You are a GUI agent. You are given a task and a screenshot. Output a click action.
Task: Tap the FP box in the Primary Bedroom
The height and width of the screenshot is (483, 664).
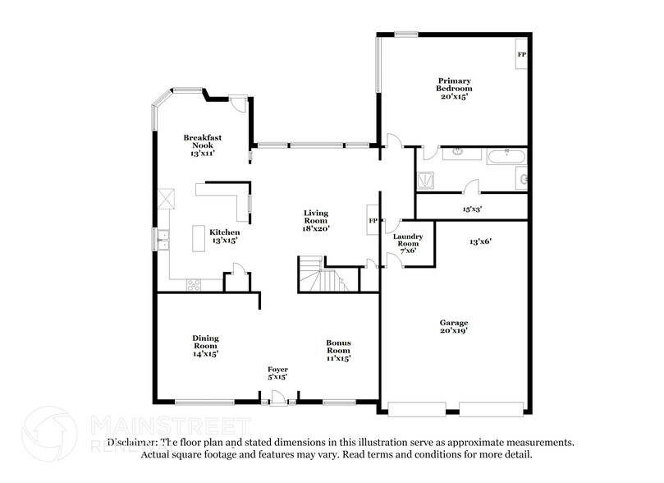(521, 55)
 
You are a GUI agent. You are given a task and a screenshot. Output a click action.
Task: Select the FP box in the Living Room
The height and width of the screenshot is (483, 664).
(373, 221)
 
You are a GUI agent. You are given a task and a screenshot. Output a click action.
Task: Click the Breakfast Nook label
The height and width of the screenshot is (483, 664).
(203, 145)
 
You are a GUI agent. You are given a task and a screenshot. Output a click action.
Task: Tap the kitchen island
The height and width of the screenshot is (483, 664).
(198, 239)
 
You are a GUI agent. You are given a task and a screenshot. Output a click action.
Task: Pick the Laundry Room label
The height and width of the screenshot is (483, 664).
(409, 243)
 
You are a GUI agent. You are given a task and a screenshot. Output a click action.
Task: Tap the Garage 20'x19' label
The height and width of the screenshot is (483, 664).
(454, 327)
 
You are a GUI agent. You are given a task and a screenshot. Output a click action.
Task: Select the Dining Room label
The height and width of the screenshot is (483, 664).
(205, 345)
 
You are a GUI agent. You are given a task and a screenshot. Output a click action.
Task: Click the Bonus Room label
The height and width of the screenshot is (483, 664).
(339, 350)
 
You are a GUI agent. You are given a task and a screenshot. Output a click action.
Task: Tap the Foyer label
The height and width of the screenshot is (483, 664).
(277, 374)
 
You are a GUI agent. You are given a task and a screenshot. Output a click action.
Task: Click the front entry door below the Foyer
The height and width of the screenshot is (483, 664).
(277, 400)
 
